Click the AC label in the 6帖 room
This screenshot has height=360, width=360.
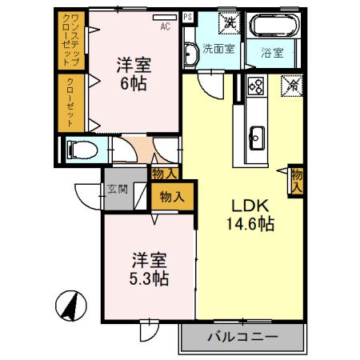(x=166, y=26)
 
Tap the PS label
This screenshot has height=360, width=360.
(x=188, y=15)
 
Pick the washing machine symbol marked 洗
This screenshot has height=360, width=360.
(x=230, y=22)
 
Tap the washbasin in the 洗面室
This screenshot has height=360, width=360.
(x=190, y=54)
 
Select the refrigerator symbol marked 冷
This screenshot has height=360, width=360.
(x=292, y=82)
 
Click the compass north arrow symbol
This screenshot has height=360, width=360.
(x=70, y=306)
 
